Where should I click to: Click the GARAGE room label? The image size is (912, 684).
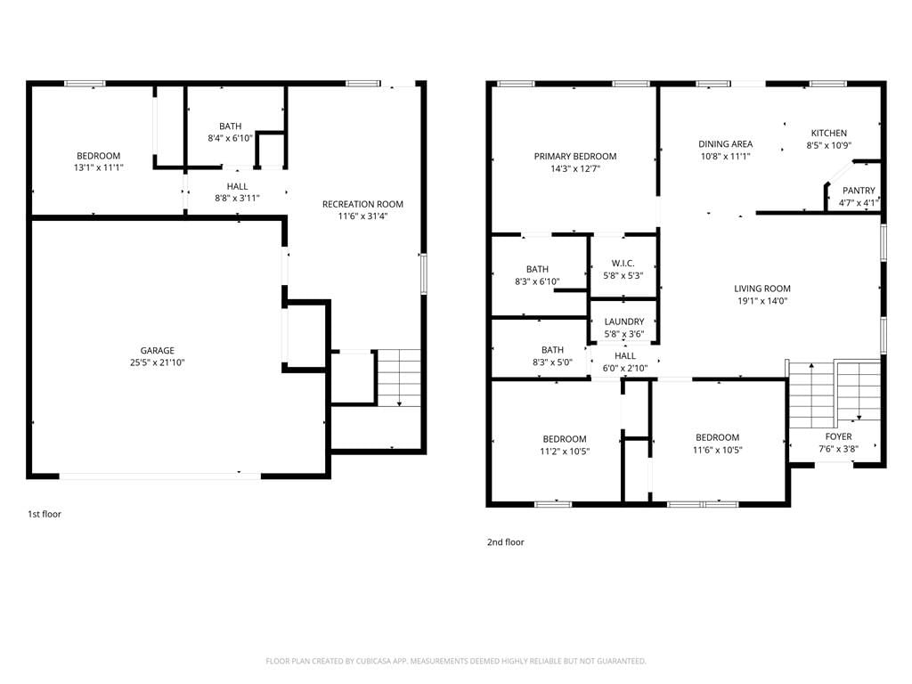click(x=157, y=350)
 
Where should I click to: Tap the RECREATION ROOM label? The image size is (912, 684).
click(x=362, y=204)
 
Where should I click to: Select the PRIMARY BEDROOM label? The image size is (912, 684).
click(x=575, y=157)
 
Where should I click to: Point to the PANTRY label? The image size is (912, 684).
click(x=859, y=191)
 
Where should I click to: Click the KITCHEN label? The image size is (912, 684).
click(x=829, y=134)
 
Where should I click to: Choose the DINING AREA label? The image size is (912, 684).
click(x=725, y=144)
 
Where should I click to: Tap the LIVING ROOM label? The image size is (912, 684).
click(x=762, y=289)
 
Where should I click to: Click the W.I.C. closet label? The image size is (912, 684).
click(x=623, y=264)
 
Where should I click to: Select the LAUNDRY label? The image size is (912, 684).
click(x=624, y=322)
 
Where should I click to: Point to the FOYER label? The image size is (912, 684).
click(x=838, y=436)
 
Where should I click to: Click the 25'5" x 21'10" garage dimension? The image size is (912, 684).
click(x=157, y=362)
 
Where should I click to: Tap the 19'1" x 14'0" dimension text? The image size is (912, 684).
click(x=762, y=301)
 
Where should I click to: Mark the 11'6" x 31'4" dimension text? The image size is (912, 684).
click(x=362, y=216)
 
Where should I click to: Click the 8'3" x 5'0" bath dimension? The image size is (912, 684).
click(x=552, y=362)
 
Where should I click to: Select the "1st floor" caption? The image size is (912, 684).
click(x=45, y=514)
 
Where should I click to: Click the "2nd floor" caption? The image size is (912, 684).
click(x=506, y=542)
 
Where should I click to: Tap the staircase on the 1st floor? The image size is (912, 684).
click(x=399, y=378)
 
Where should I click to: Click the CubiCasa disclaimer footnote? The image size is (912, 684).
click(x=456, y=661)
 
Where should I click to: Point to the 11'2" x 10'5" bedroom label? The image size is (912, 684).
click(x=565, y=452)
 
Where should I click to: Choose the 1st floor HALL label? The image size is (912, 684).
click(x=237, y=186)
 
